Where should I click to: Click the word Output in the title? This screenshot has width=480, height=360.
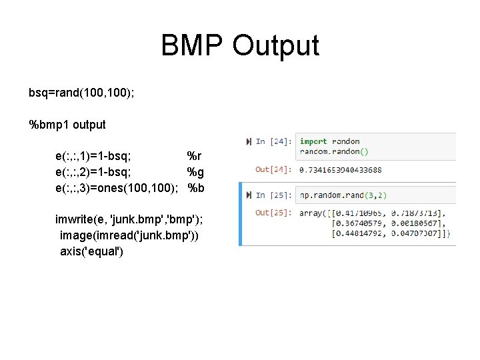point(276,46)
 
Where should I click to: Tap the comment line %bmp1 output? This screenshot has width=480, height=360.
point(67,125)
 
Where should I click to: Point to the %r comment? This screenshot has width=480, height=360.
point(194,157)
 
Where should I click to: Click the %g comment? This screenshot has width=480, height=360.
point(195,172)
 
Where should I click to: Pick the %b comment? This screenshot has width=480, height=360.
point(196,188)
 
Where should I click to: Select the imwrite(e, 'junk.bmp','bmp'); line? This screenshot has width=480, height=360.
point(129,220)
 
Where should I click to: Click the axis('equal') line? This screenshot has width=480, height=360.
point(91,252)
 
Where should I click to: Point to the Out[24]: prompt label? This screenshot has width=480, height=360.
point(272,169)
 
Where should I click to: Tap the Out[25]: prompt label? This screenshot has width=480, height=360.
point(272,213)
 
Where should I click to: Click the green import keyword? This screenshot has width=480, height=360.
point(313,141)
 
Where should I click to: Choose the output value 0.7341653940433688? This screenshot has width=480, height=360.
point(340,169)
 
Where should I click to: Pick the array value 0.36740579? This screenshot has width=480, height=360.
point(358,223)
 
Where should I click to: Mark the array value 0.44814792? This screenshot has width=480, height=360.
point(358,233)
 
